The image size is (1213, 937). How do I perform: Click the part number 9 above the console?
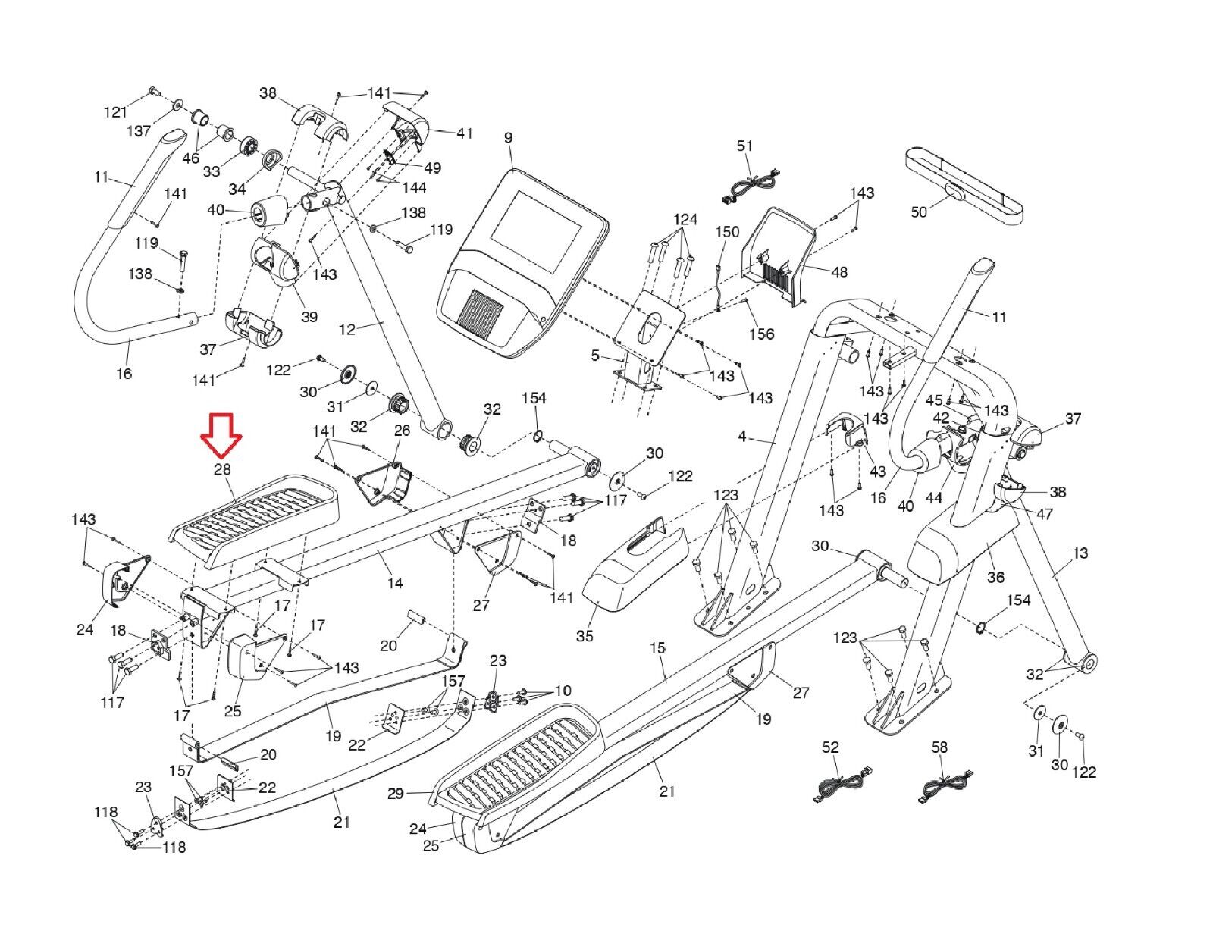pyautogui.click(x=508, y=138)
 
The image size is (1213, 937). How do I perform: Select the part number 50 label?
pyautogui.click(x=919, y=212)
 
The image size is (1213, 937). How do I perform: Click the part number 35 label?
pyautogui.click(x=585, y=635)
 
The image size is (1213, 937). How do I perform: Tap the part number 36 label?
pyautogui.click(x=995, y=577)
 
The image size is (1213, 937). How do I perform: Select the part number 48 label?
pyautogui.click(x=839, y=272)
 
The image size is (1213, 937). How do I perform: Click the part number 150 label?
pyautogui.click(x=727, y=232)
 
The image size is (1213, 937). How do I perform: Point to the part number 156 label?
pyautogui.click(x=762, y=334)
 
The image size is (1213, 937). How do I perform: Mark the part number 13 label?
pyautogui.click(x=1080, y=553)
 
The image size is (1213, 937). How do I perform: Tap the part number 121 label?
pyautogui.click(x=116, y=112)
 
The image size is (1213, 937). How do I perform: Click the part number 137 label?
pyautogui.click(x=139, y=131)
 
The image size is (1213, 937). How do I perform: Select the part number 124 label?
pyautogui.click(x=685, y=220)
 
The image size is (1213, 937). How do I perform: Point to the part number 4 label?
pyautogui.click(x=742, y=437)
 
